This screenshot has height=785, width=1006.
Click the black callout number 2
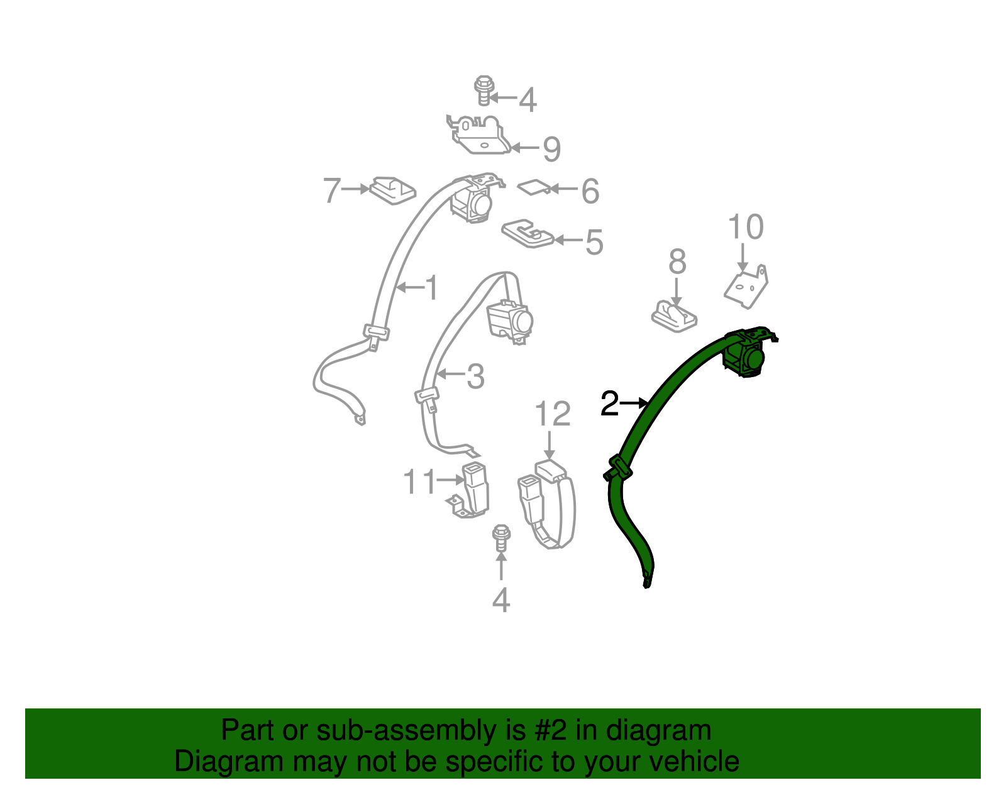pyautogui.click(x=609, y=403)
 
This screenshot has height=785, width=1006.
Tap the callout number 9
pyautogui.click(x=551, y=149)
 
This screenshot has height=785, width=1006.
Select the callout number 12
pyautogui.click(x=552, y=415)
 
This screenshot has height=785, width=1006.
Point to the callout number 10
pyautogui.click(x=745, y=227)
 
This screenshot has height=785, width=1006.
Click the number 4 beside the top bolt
pyautogui.click(x=528, y=100)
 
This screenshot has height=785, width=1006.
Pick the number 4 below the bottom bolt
pyautogui.click(x=500, y=600)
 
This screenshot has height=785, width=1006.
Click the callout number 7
pyautogui.click(x=331, y=190)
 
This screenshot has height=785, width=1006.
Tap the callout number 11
pyautogui.click(x=419, y=482)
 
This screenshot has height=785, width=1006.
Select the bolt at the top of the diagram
pyautogui.click(x=483, y=91)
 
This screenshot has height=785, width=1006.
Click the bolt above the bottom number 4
pyautogui.click(x=500, y=538)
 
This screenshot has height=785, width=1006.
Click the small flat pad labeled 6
pyautogui.click(x=533, y=187)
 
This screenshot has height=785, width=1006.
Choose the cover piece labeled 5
pyautogui.click(x=527, y=234)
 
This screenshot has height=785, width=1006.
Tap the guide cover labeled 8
pyautogui.click(x=674, y=316)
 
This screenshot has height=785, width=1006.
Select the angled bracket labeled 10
pyautogui.click(x=748, y=287)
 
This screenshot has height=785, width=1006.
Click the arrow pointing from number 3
pyautogui.click(x=450, y=375)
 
